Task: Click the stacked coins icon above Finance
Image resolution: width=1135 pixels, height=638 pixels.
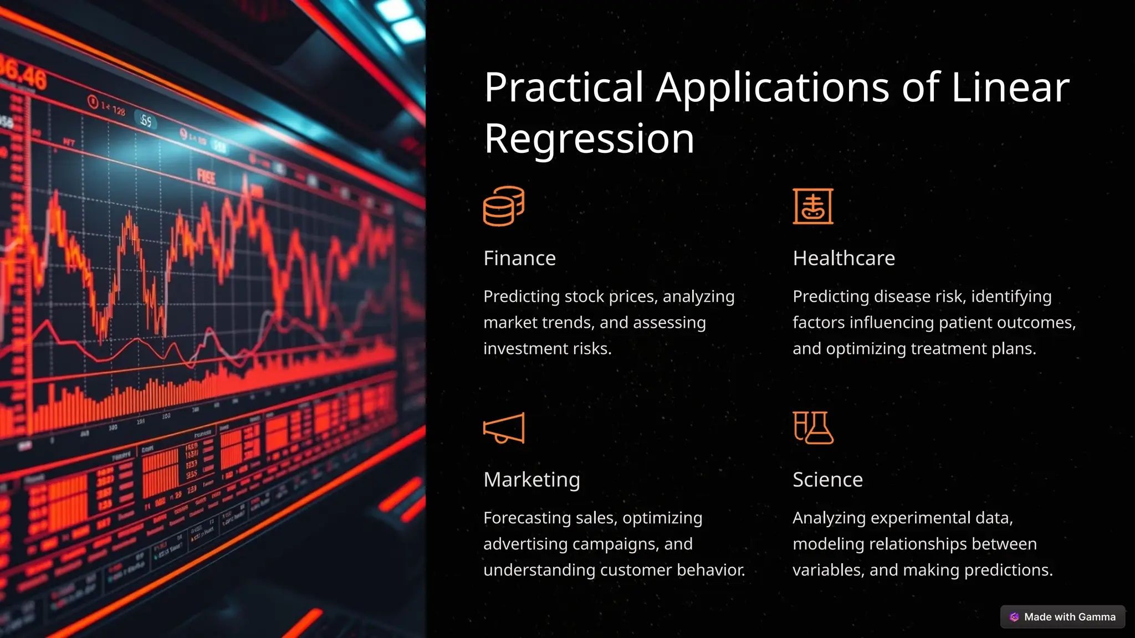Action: pos(503,206)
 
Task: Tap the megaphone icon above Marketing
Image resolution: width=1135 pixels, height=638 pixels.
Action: pos(503,428)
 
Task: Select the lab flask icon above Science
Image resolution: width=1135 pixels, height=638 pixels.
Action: pos(813,428)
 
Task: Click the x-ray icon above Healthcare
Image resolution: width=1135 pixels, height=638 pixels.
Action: pos(813,206)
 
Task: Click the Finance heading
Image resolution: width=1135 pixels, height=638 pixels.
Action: pos(519,258)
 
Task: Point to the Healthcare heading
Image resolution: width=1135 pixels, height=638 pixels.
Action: pos(843,258)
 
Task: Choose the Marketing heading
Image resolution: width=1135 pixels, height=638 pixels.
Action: pos(531,480)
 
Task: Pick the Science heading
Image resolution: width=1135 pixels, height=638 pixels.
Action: pos(827,480)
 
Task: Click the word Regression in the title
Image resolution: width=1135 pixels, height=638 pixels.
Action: pos(589,138)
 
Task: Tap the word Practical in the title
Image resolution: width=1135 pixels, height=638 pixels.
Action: pos(564,88)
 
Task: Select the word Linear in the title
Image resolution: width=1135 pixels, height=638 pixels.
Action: pos(1010,88)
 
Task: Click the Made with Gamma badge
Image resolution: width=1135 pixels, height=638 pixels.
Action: pos(1062,617)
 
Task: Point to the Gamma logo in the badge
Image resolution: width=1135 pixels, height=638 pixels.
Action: pos(1014,617)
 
